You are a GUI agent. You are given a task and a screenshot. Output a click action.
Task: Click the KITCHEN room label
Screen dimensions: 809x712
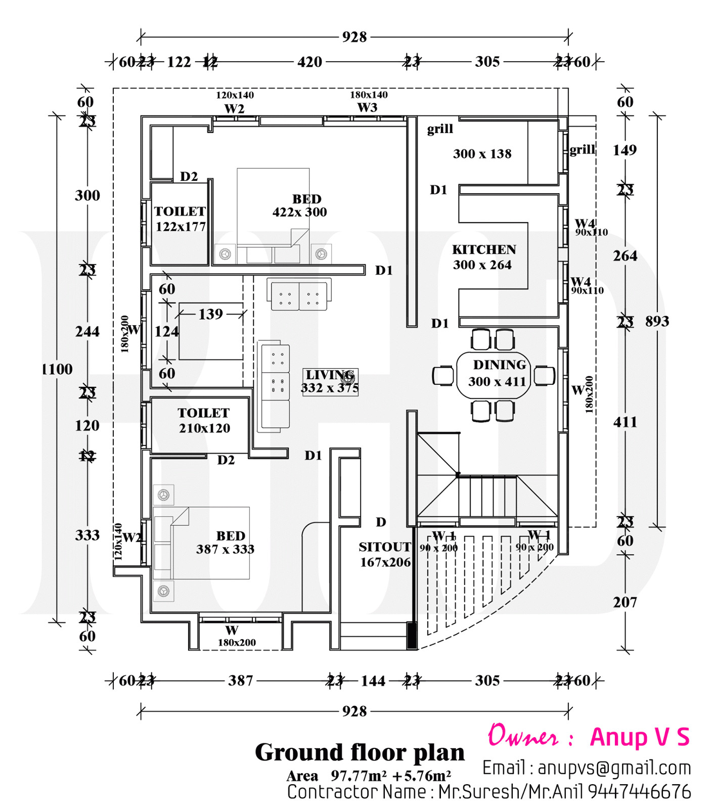(484, 250)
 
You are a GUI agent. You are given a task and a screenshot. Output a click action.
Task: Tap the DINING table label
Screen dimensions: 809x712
(499, 365)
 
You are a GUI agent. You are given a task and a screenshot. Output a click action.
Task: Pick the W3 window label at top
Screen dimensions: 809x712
(367, 107)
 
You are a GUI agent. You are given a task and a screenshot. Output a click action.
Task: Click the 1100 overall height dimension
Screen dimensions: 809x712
(57, 369)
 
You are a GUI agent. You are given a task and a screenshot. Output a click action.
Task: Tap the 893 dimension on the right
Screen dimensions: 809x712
(657, 321)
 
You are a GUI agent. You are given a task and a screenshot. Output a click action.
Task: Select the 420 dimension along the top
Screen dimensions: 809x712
(309, 62)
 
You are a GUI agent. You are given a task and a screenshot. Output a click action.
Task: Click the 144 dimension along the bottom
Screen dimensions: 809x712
(373, 681)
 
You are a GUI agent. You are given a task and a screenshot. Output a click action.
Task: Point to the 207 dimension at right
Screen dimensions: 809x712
(625, 602)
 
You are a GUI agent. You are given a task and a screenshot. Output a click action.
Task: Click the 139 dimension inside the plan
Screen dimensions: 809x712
(210, 314)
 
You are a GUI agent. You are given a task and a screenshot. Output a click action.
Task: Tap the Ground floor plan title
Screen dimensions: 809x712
(360, 752)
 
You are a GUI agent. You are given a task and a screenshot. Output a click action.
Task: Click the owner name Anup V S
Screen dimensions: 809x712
(640, 737)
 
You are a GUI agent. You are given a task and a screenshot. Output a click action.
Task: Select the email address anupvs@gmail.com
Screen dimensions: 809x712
(614, 768)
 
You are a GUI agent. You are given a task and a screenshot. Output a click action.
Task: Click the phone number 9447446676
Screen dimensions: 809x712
(639, 791)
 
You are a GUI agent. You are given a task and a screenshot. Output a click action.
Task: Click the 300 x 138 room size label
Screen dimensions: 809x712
(482, 154)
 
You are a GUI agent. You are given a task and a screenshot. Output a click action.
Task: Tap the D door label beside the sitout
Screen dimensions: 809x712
(381, 522)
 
